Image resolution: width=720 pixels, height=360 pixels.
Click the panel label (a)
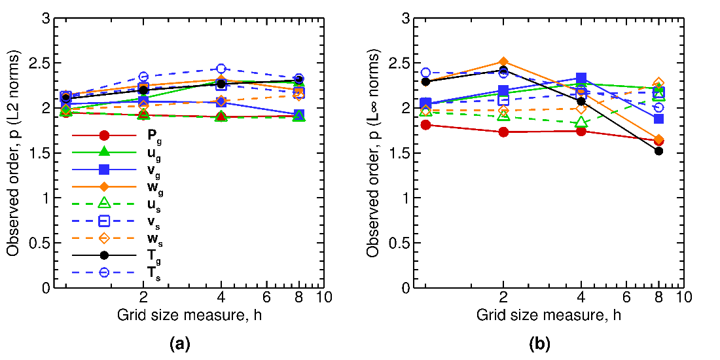pyautogui.click(x=179, y=342)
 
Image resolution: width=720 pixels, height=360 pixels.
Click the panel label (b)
pyautogui.click(x=539, y=342)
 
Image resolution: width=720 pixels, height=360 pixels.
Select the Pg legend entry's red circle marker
pyautogui.click(x=103, y=135)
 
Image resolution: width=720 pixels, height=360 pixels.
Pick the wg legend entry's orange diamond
pyautogui.click(x=103, y=187)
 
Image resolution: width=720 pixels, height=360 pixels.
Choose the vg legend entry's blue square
pyautogui.click(x=103, y=170)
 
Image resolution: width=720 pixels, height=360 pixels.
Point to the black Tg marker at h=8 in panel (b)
pyautogui.click(x=659, y=151)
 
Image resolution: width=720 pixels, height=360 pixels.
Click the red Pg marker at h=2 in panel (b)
pyautogui.click(x=503, y=132)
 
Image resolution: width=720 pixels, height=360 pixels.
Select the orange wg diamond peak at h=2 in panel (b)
pyautogui.click(x=503, y=62)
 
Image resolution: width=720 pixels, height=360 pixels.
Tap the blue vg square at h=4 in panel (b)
pyautogui.click(x=581, y=79)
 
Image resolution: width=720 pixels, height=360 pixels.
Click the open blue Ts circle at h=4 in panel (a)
pyautogui.click(x=221, y=69)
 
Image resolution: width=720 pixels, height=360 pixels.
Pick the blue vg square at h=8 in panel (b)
pyautogui.click(x=659, y=118)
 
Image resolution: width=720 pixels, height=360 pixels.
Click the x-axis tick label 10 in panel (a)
pyautogui.click(x=324, y=297)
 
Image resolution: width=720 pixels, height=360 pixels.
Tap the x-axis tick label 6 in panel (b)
pyautogui.click(x=626, y=297)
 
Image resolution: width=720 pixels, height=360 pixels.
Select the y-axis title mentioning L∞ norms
pyautogui.click(x=375, y=153)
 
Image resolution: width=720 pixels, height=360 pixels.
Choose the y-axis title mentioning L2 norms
pyautogui.click(x=14, y=153)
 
